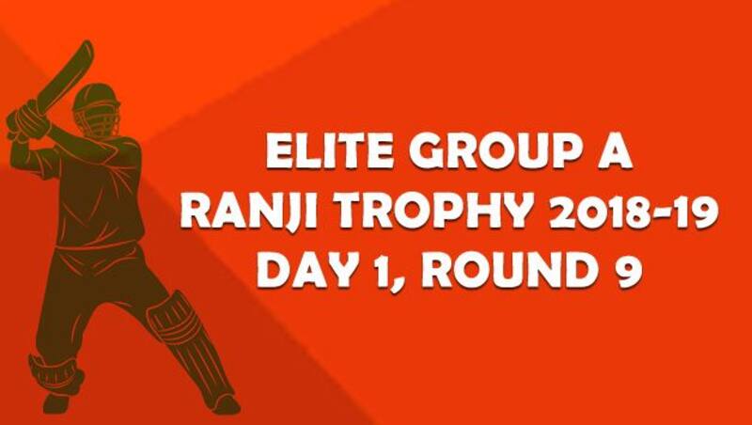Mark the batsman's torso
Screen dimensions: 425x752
(x=103, y=188)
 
